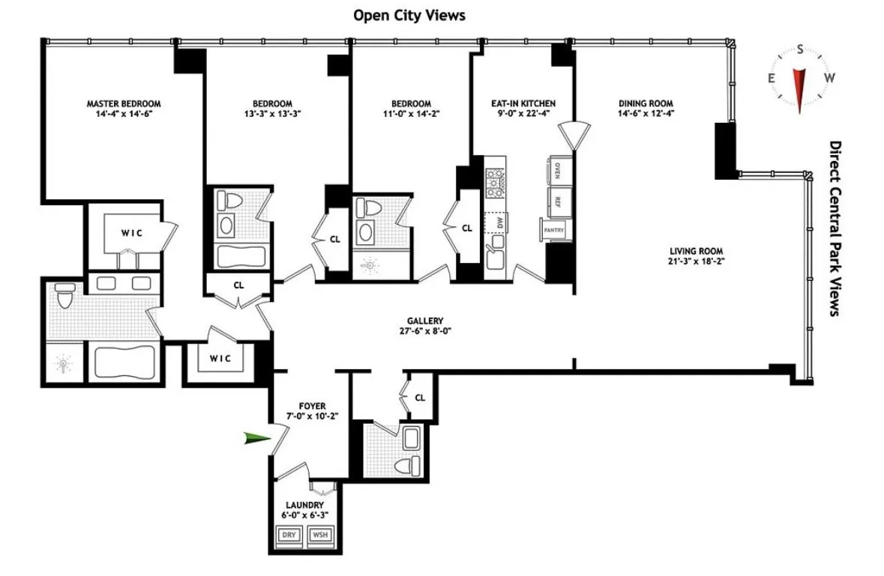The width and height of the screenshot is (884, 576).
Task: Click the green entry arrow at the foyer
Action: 256,439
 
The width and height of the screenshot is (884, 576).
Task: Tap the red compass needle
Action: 800,88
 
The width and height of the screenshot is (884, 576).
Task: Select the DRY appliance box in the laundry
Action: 289,535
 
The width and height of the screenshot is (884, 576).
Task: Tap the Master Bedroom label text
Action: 124,103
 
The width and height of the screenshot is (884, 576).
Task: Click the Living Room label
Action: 692,251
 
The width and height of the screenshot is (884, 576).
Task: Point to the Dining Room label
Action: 646,103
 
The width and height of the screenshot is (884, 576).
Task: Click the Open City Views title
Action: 410,15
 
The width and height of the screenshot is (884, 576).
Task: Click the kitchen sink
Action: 495,259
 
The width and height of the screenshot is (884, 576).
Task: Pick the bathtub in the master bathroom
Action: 124,364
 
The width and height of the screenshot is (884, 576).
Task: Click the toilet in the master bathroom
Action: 65,297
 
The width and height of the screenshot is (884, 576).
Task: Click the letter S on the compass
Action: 800,50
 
